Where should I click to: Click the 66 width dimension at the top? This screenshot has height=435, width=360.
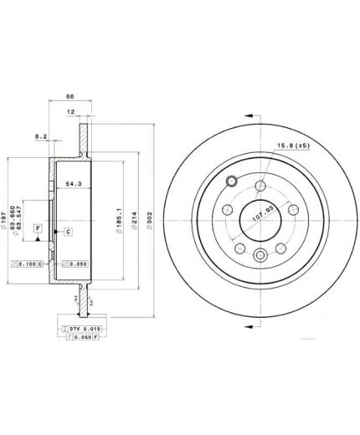[x=69, y=96]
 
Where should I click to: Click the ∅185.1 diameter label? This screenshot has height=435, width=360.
[x=119, y=220]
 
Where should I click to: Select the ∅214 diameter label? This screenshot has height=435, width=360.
[x=133, y=220]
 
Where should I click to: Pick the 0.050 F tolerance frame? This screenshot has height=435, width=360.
[x=85, y=341]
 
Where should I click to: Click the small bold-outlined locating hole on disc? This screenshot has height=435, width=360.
[x=232, y=182]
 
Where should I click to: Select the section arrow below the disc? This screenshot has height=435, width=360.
[x=250, y=326]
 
